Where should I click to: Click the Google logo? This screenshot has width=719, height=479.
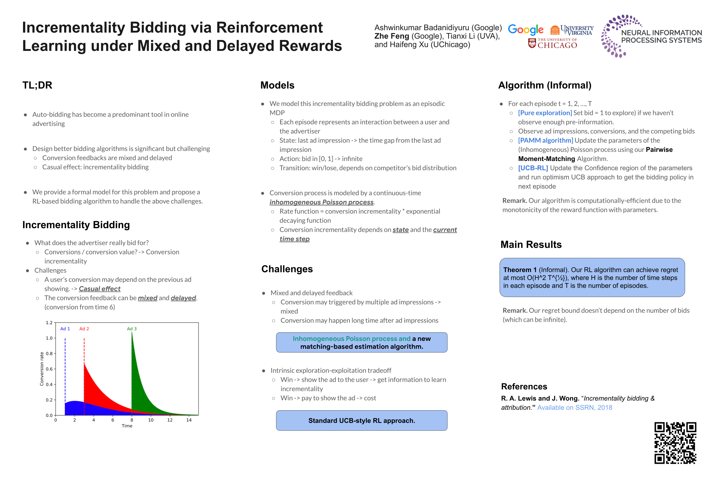click(525, 30)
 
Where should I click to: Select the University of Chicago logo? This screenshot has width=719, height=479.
click(552, 43)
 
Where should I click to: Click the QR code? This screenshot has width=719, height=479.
click(675, 443)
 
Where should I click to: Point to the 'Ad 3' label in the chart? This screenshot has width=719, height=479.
click(132, 329)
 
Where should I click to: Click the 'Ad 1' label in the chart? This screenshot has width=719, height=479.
click(65, 329)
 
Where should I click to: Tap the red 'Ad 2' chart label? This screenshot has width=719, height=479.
click(84, 329)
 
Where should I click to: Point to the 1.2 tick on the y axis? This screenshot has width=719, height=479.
click(49, 323)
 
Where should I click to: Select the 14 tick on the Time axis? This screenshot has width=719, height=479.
click(189, 420)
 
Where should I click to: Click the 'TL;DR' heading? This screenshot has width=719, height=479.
click(37, 85)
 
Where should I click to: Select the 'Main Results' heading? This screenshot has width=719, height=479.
click(531, 244)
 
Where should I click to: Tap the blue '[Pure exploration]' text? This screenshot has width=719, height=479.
click(545, 113)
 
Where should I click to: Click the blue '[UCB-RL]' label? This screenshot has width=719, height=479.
click(533, 168)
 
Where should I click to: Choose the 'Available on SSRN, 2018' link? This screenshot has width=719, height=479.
click(574, 407)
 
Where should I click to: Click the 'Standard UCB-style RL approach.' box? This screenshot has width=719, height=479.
click(362, 420)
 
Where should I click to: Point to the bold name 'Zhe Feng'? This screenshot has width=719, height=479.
click(392, 36)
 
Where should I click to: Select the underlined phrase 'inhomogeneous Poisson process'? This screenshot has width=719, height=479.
click(322, 202)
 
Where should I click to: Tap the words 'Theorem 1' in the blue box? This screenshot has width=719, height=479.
click(519, 270)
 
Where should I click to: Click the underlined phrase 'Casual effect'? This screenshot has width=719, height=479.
click(100, 289)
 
